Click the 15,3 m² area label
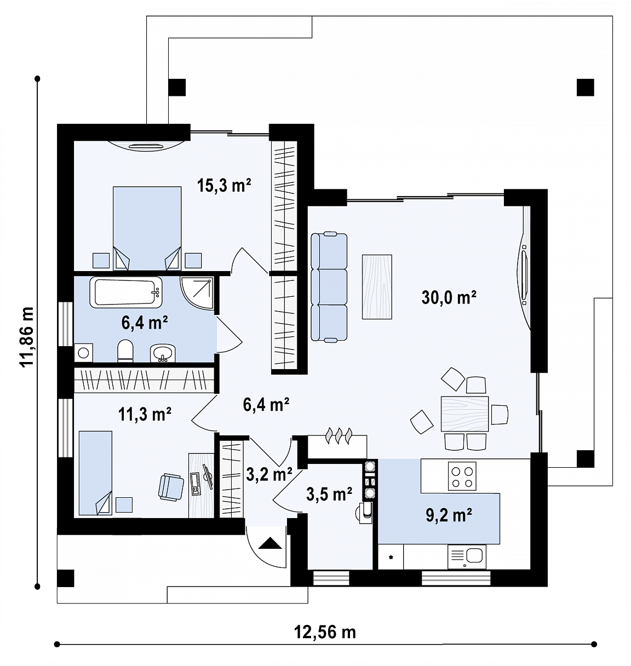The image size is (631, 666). (224, 185)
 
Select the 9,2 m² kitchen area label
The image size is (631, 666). (449, 515)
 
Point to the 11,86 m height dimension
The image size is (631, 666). (26, 336)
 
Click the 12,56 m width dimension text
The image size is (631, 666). (325, 632)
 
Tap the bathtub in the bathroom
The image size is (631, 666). (126, 292)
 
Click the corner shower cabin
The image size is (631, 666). (197, 294)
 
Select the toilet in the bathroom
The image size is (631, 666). (125, 351)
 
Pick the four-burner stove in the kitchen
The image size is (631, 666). (462, 476)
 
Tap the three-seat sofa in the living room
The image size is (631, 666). (329, 286)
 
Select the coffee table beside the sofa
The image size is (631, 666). (377, 286)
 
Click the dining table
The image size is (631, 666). (464, 414)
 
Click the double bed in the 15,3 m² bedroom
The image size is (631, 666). (147, 228)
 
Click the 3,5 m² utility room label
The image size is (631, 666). (329, 494)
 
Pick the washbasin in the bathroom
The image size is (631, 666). (162, 353)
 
